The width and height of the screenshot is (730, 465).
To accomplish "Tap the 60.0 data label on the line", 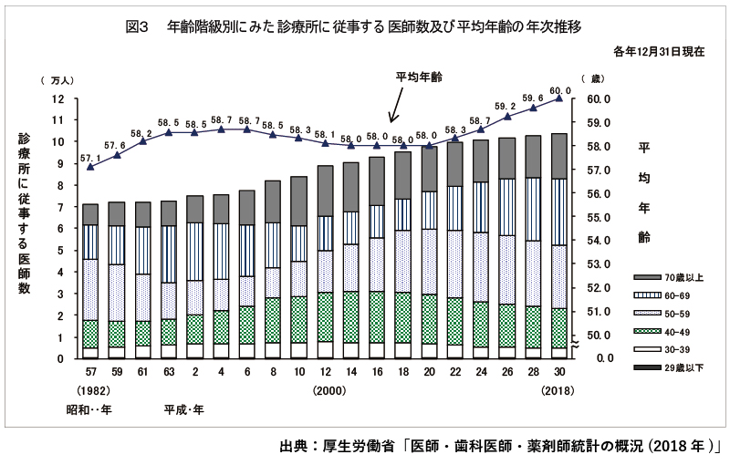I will (x=559, y=90).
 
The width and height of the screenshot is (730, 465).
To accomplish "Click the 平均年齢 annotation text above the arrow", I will (x=418, y=77).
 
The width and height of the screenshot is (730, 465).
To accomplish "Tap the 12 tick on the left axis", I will (x=57, y=98).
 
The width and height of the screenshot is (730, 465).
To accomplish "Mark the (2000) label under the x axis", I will (x=328, y=391).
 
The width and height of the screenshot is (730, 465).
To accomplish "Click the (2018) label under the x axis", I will (x=559, y=391).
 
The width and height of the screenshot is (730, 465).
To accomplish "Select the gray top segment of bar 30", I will (x=559, y=156).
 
